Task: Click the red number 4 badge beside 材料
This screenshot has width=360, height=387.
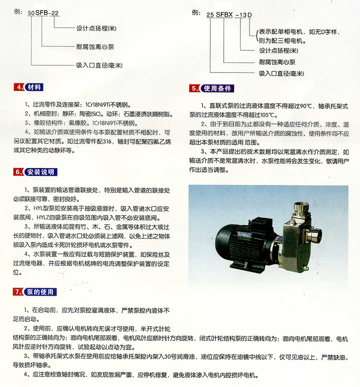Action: click(20, 87)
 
